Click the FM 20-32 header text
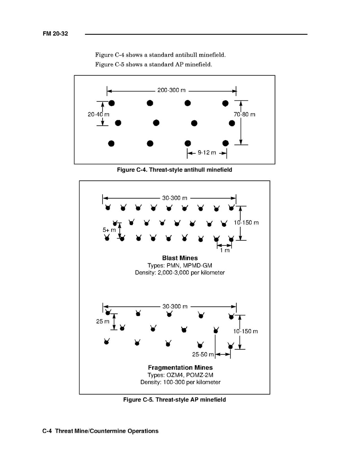pos(55,34)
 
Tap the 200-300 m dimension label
pos(171,90)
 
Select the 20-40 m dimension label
pos(98,114)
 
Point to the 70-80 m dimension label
pos(245,114)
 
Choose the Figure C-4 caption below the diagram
pos(174,170)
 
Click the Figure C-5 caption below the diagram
pos(174,400)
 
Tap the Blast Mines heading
pos(180,258)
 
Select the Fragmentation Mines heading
pos(180,368)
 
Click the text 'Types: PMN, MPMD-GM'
pos(180,265)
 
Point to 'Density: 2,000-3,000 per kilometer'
pos(180,272)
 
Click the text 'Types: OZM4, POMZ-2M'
pos(180,375)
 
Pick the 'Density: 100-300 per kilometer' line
pos(180,382)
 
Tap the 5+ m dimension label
pos(109,230)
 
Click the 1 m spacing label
pos(225,250)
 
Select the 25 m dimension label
pos(103,322)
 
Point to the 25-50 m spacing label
pos(203,354)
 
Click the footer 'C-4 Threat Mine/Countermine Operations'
pos(101,431)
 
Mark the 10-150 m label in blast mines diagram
pos(246,222)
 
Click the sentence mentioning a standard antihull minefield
pos(160,55)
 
